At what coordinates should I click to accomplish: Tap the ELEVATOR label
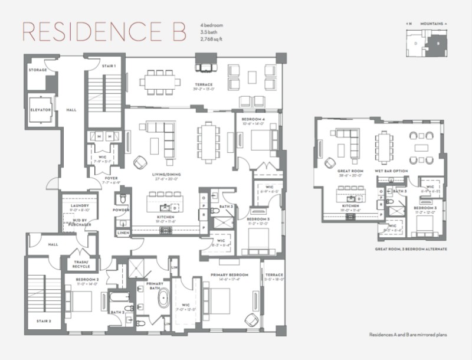coord(41,110)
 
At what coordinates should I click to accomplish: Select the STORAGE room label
coord(37,70)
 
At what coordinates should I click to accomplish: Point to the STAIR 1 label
coord(108,66)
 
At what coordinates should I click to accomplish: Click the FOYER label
coord(111,178)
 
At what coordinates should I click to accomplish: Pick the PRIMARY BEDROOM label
coord(231,275)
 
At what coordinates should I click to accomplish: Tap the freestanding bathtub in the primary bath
coord(162,299)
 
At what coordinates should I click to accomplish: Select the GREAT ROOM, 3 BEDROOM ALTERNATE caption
coord(410,250)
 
